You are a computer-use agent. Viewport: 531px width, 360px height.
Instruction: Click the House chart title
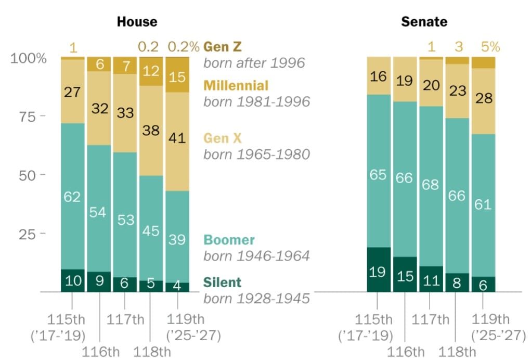tap(137, 22)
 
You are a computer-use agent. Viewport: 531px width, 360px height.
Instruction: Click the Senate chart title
tap(424, 22)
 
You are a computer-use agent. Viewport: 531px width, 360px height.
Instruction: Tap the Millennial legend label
tap(236, 85)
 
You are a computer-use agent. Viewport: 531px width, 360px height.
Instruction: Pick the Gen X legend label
tap(223, 138)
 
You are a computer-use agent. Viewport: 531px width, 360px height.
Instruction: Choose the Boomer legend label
tap(229, 240)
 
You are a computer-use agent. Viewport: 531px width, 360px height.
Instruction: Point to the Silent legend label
tap(223, 282)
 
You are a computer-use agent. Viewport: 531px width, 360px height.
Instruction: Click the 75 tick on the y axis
tap(22, 117)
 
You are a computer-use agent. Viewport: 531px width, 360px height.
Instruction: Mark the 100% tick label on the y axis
tap(29, 58)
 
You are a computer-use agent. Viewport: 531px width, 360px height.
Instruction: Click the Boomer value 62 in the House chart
tap(73, 197)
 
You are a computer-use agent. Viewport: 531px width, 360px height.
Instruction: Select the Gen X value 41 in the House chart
tap(177, 139)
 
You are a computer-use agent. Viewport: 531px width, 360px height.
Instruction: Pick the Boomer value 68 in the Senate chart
tap(431, 184)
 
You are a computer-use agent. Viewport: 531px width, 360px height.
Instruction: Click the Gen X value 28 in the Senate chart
tap(483, 98)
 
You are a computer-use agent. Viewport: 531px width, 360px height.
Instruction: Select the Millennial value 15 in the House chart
tap(177, 77)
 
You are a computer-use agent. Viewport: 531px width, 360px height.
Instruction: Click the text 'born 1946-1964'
tap(256, 256)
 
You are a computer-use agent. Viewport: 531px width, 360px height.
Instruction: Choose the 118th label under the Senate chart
tap(457, 352)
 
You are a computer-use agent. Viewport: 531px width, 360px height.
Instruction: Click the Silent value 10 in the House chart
tap(73, 281)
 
